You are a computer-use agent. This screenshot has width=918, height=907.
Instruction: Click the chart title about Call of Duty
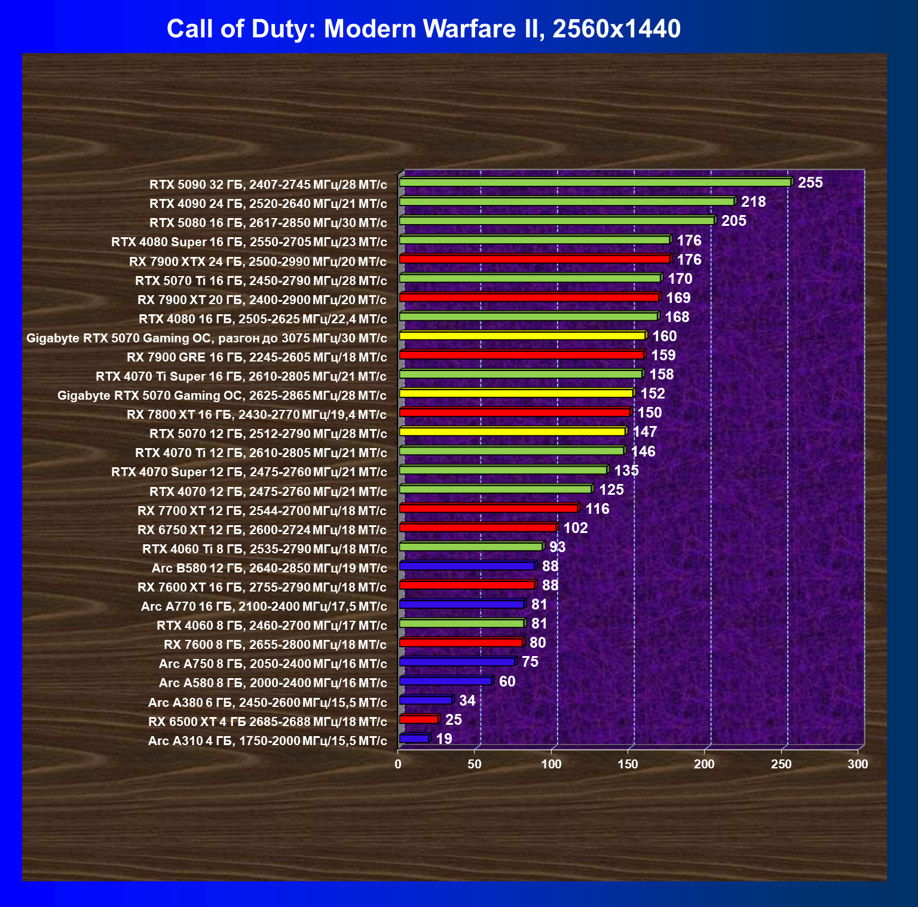point(423,29)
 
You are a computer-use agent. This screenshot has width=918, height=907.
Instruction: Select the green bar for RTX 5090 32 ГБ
point(595,182)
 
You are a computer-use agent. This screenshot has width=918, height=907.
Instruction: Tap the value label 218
point(753,202)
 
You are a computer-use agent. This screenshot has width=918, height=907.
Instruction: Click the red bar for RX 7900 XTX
point(534,259)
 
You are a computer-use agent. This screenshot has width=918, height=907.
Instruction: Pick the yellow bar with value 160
point(522,336)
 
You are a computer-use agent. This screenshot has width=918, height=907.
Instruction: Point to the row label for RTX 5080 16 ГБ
point(268,223)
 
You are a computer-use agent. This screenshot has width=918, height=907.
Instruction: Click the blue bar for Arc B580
point(467,566)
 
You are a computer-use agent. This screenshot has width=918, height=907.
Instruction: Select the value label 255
point(810,183)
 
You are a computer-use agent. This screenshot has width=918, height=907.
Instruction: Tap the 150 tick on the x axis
point(628,764)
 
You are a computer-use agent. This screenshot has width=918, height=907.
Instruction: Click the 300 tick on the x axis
point(858,764)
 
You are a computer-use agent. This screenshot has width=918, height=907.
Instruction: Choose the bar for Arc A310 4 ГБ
point(414,739)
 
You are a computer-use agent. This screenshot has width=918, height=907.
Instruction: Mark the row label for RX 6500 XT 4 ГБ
point(267,722)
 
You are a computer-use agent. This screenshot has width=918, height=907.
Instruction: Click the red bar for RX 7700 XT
point(488,508)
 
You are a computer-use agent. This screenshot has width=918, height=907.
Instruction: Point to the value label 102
point(576,528)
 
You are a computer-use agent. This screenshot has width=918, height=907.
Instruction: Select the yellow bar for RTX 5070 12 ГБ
point(512,431)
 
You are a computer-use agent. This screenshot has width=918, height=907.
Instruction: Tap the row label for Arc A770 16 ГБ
point(264,606)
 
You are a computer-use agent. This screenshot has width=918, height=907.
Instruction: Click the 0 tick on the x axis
point(398,764)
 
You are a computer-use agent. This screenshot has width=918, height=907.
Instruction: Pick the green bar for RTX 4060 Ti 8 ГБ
point(470,547)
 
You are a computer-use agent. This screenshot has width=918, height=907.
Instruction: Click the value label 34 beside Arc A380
point(467,700)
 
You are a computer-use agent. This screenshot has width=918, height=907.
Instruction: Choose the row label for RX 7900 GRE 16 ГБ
point(256,357)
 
